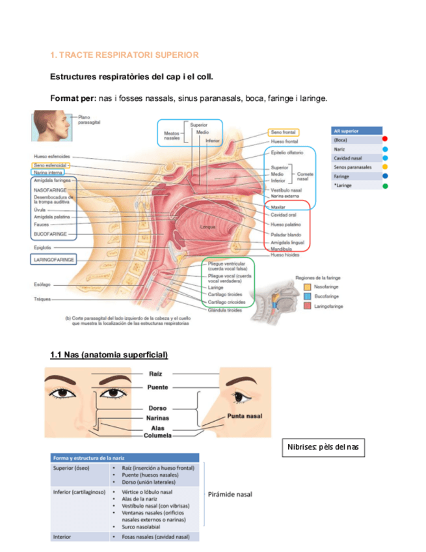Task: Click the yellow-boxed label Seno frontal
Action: pos(283,132)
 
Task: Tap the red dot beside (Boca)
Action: pos(385,139)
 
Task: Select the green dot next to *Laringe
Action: pos(385,186)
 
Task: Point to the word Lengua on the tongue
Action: pos(209,226)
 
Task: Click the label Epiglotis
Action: pos(42,247)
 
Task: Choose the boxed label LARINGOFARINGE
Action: pos(54,259)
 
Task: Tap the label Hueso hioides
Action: pos(286,255)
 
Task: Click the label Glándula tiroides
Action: pos(225,310)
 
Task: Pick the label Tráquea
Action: pos(43,299)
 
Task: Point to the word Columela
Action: pos(159,435)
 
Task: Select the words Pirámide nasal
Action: pos(230,494)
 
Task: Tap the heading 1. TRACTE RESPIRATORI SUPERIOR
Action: pos(124,55)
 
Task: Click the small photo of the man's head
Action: pos(51,126)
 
